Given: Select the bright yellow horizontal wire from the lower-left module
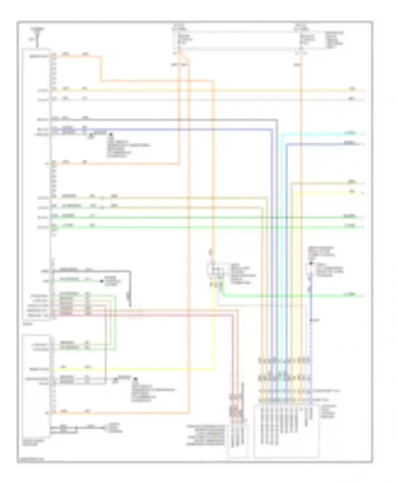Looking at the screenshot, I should [132, 369].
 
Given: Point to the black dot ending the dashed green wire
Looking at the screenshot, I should [102, 281].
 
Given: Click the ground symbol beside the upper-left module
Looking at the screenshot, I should [91, 137].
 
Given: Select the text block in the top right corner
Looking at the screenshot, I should [334, 40].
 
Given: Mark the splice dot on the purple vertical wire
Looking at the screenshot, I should [311, 321].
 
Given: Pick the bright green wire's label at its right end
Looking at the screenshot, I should [349, 294].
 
